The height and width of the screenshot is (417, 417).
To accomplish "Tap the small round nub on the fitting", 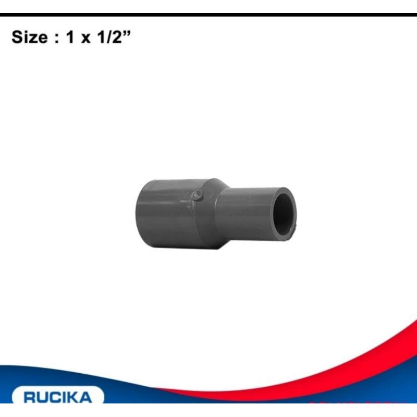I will [x=196, y=196].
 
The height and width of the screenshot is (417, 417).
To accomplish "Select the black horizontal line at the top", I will [x=208, y=15].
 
